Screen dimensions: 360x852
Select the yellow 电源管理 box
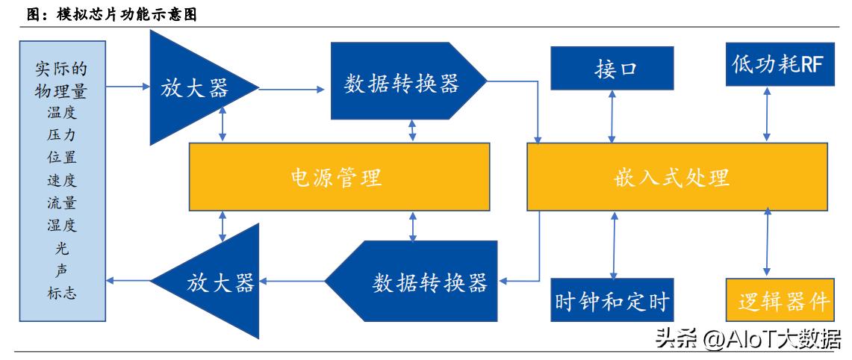pos(339,178)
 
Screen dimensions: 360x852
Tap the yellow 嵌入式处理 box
pos(677,178)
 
